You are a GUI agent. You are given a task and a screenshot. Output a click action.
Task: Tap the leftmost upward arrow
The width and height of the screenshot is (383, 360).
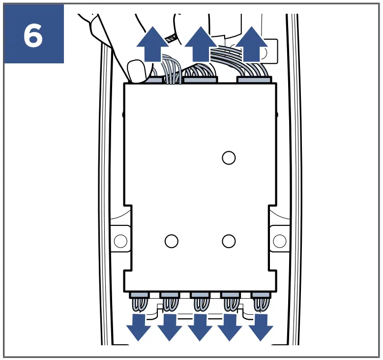point(151,46)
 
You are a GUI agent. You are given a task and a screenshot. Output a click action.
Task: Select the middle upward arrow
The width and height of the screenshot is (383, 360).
point(200,46)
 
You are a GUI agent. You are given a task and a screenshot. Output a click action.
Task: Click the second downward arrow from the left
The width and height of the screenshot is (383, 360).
point(170,327)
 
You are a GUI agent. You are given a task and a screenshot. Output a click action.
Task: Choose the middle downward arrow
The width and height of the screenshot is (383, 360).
point(200,327)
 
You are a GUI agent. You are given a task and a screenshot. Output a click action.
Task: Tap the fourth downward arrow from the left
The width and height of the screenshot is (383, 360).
point(230,327)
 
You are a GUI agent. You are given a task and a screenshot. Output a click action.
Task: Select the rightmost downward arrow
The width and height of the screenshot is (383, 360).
point(260,327)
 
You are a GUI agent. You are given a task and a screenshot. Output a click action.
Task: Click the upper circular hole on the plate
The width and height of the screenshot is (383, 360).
point(228,158)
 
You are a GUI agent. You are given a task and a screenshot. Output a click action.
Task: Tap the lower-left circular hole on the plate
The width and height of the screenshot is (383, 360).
point(171,241)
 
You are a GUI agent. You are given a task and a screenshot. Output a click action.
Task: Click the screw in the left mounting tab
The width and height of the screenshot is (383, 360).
point(120,241)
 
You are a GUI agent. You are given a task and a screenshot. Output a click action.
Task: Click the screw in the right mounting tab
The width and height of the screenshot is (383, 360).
point(279,241)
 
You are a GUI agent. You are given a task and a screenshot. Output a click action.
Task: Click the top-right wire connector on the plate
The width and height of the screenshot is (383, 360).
point(253,79)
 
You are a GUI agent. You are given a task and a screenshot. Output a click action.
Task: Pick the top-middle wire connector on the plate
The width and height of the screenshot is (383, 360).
point(200,79)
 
